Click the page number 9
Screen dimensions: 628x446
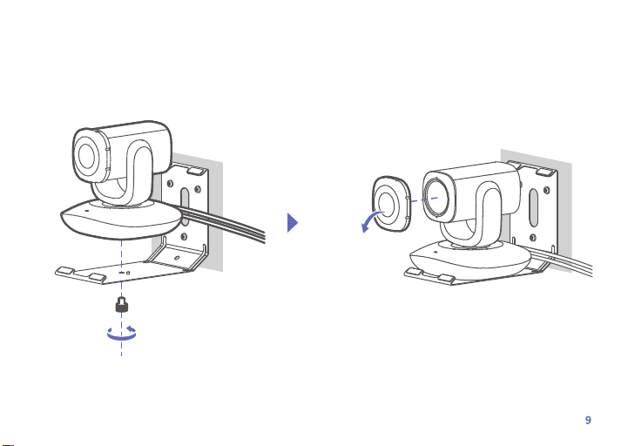[588, 420]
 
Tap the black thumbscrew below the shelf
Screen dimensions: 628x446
[122, 305]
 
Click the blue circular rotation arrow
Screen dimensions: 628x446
[122, 334]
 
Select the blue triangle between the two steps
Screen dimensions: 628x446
[293, 223]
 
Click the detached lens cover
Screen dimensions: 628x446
[391, 204]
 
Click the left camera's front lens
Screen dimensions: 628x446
[87, 155]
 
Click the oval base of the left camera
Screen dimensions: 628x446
[121, 220]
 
